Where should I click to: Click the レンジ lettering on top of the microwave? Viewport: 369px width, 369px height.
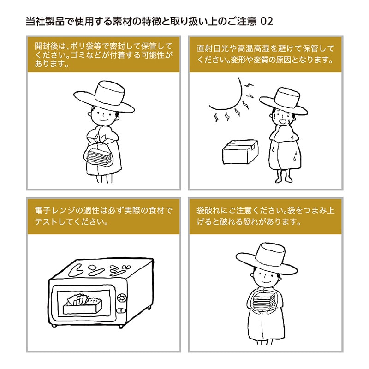(99, 272)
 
